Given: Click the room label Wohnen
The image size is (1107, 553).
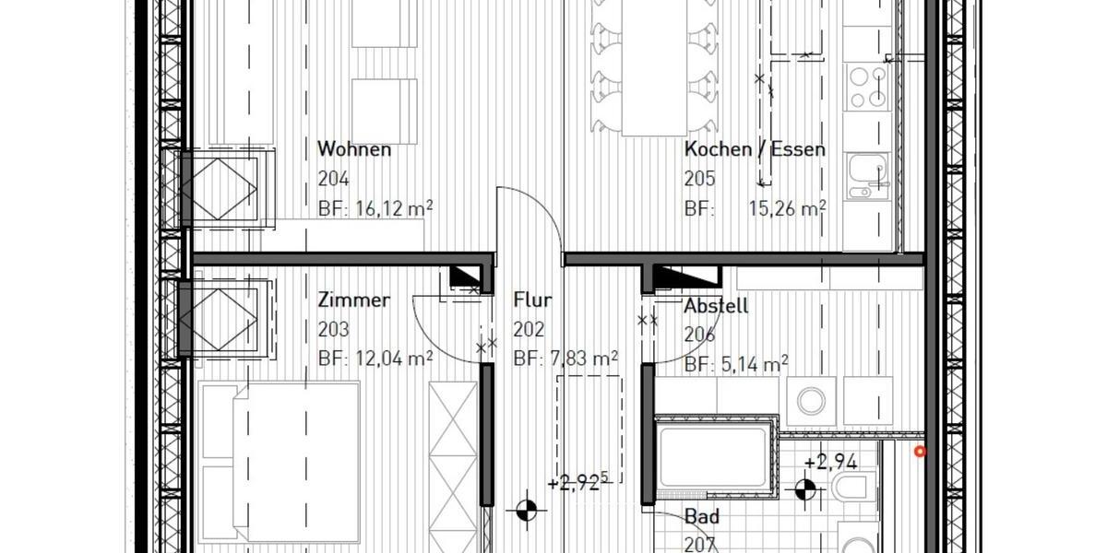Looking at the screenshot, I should click(x=354, y=149).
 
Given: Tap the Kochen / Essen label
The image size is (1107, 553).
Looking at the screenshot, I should click(x=755, y=149).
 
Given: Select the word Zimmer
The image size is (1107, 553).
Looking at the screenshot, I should click(x=353, y=300).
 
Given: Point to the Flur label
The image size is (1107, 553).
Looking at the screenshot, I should click(x=532, y=300).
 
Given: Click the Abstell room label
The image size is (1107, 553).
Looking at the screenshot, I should click(x=716, y=307).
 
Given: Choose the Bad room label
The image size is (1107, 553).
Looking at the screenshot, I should click(x=701, y=518).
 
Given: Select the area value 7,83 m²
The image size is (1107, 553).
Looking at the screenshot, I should click(x=579, y=359).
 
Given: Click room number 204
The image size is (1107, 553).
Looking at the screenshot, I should click(x=333, y=179).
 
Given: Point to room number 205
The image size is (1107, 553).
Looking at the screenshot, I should click(x=700, y=179).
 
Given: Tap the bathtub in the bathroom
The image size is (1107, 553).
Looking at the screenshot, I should click(x=712, y=458).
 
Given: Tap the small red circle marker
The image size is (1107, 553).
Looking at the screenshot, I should click(x=919, y=451).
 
